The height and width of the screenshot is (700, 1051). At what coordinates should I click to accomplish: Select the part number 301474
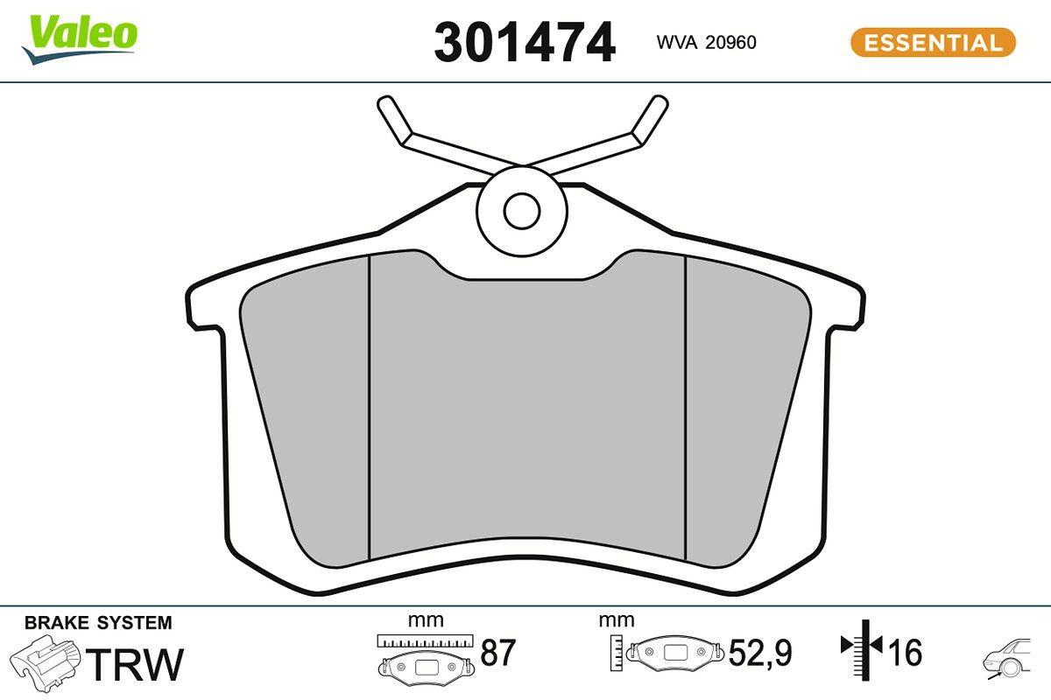point(525,42)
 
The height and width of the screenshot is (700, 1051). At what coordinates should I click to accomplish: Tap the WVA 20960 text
point(706,43)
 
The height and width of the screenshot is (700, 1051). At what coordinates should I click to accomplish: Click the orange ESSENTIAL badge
point(933,42)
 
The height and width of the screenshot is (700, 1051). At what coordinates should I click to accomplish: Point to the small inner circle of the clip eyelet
point(522,210)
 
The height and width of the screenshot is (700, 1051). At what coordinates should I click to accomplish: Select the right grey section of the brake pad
point(740,402)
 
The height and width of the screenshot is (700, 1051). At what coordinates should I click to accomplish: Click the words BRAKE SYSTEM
point(98,623)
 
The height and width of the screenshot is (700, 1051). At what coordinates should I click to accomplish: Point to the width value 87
point(498,653)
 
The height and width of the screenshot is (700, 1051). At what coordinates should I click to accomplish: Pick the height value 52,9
point(760,653)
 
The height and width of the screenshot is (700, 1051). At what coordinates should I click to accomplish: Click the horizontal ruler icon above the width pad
point(425,640)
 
